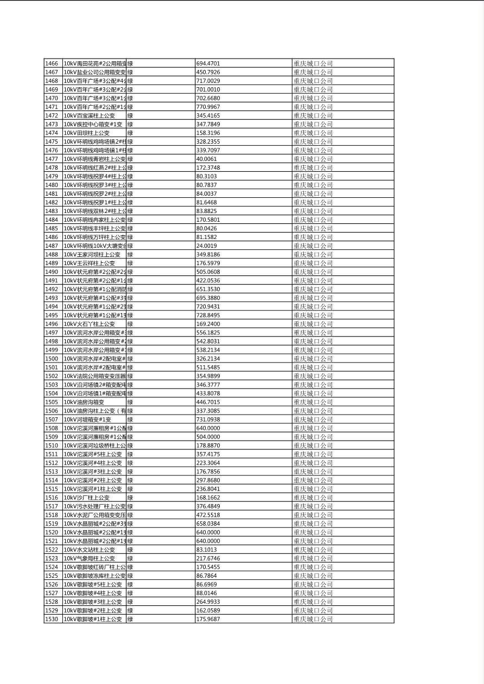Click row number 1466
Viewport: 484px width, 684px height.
52,63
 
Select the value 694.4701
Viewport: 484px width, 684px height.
208,63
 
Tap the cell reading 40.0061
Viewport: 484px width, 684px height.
206,159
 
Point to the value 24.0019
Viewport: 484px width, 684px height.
206,246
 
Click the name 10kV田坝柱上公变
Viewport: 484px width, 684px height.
87,133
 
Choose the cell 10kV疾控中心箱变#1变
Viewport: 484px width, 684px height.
93,124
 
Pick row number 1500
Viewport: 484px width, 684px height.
52,358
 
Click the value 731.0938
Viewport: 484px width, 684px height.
208,419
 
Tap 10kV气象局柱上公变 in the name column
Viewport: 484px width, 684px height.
90,558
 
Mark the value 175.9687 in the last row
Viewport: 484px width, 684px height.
208,618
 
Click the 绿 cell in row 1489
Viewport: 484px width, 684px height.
130,263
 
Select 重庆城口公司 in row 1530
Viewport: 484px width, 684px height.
313,618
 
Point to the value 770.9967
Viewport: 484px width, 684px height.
208,107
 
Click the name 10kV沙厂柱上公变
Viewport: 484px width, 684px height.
87,497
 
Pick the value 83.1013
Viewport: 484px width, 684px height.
206,549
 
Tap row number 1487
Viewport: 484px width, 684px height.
52,246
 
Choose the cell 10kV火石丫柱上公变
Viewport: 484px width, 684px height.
90,324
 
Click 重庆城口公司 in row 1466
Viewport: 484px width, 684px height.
313,63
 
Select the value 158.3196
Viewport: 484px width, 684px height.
208,133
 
